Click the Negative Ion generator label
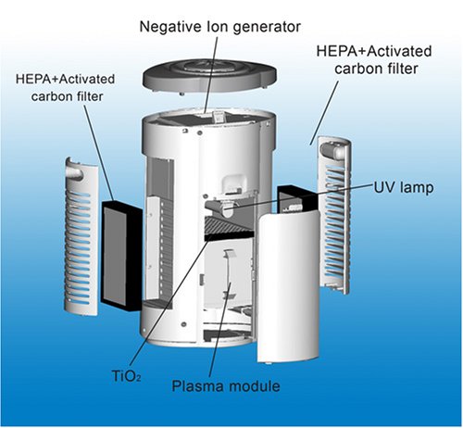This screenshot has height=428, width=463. coord(220,27)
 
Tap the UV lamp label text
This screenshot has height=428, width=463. coord(404,187)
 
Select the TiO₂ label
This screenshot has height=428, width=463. coord(126,376)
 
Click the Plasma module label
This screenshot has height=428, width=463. coord(226,386)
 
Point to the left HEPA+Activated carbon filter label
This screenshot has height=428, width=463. coord(65,88)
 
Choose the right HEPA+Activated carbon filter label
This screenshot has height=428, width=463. coord(374,59)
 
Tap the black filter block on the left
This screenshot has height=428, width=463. coord(121,255)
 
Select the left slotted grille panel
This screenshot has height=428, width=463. coord(81,237)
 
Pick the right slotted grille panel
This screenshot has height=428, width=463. coord(334,215)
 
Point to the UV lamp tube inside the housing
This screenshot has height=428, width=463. coord(221,208)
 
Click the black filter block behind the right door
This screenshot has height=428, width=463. coord(295,198)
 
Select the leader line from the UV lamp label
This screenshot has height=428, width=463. coord(300,196)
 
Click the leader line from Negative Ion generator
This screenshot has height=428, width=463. coord(211,75)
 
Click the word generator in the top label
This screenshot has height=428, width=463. coord(267,28)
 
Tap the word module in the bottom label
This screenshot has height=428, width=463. coord(255,386)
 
